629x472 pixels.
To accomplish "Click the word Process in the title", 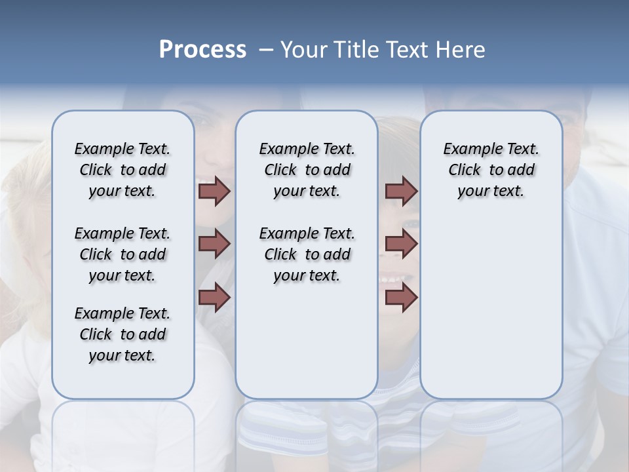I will tap(202, 50).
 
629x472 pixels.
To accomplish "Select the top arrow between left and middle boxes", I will tap(214, 191).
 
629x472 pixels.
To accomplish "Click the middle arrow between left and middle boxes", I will tap(214, 245).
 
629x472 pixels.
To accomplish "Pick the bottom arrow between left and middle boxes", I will tap(214, 297).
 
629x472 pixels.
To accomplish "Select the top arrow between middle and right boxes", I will tap(401, 191).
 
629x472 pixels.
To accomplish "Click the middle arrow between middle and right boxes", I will tap(401, 245).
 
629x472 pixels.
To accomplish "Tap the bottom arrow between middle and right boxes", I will tap(401, 297).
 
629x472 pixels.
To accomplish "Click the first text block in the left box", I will tap(123, 170).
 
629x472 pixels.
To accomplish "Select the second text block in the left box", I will tap(123, 254).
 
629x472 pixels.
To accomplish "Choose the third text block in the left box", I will tap(123, 334).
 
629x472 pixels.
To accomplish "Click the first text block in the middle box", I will tap(307, 170).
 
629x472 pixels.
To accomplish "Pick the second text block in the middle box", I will tap(307, 254).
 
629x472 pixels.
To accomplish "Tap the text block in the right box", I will tap(491, 170).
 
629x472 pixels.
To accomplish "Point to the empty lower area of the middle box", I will tap(307, 341).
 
